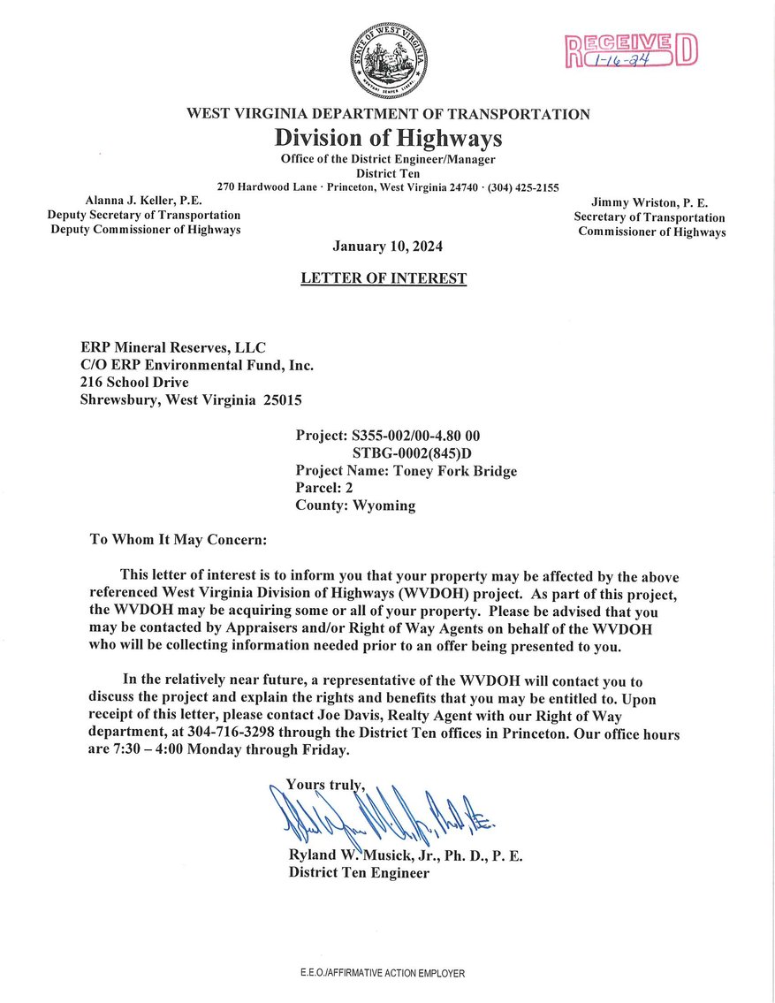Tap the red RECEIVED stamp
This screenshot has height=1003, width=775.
(x=631, y=50)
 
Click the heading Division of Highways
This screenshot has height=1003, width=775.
(x=388, y=139)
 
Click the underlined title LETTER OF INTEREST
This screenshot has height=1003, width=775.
(x=384, y=278)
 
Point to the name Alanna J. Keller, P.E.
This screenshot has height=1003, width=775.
(x=144, y=201)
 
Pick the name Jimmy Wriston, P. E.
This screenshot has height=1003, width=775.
(x=650, y=203)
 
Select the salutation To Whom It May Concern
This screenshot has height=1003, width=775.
(x=178, y=538)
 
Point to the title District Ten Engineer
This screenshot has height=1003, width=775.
(x=359, y=873)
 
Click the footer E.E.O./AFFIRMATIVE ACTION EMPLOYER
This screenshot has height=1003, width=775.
(x=383, y=973)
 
